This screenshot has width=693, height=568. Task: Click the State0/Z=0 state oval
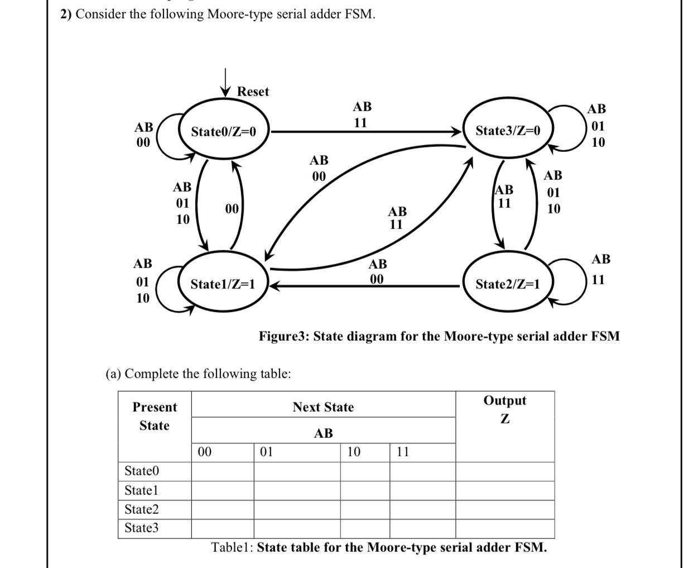pos(224,132)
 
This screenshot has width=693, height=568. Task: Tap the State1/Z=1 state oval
pos(223,284)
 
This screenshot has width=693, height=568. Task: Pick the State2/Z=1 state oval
pos(507,284)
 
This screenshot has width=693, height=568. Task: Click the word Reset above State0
pos(253,92)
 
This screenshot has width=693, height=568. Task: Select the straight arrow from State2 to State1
pos(363,285)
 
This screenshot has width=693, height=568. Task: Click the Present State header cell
pos(155,417)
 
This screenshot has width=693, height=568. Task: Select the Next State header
pos(323,407)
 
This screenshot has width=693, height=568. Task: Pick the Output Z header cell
pos(505,409)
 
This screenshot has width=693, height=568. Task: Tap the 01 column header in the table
pos(267,452)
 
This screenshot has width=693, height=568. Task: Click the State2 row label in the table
pos(142,509)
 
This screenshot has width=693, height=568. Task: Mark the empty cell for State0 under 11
pos(422,471)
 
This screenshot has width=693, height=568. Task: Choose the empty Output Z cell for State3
pos(505,528)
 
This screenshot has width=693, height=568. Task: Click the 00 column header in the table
pos(205,452)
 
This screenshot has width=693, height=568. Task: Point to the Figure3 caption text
pos(439,336)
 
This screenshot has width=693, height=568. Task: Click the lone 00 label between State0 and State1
pos(232,209)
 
